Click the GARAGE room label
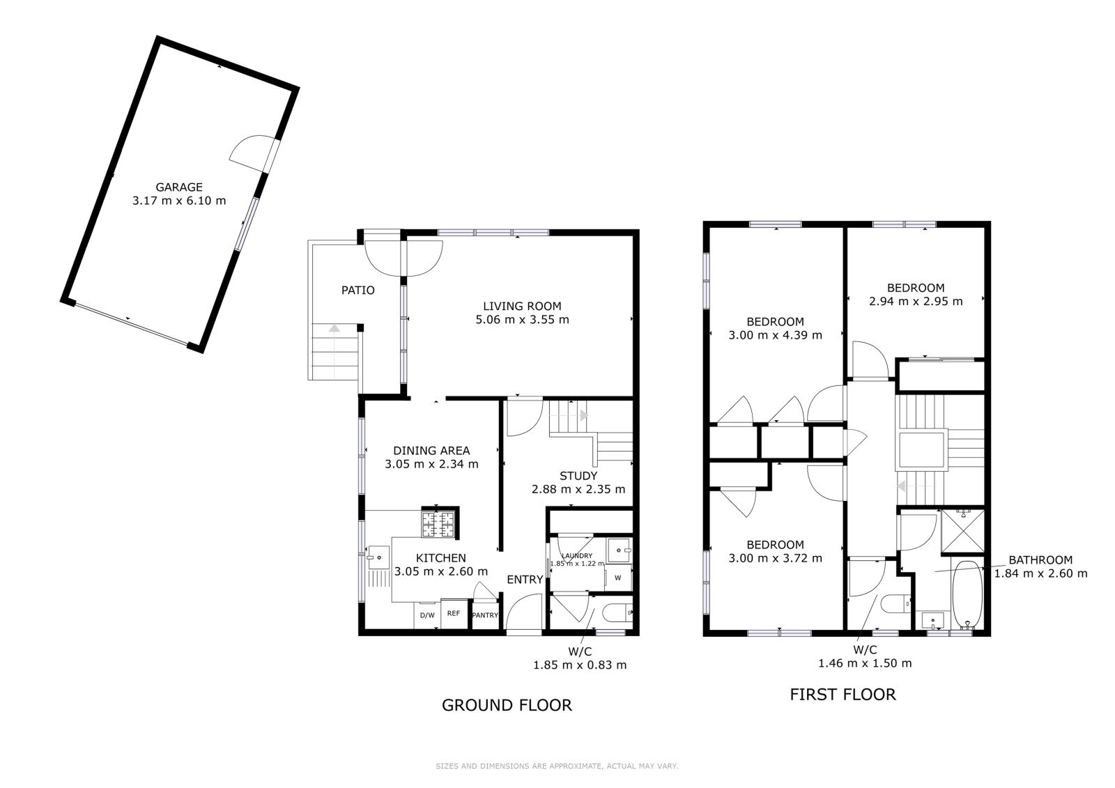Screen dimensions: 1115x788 tap(179, 187)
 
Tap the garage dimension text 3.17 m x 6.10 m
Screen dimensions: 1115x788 tap(179, 201)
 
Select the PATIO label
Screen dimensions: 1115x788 tap(358, 291)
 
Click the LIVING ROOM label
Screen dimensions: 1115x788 tap(522, 306)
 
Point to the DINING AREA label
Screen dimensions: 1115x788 tap(431, 451)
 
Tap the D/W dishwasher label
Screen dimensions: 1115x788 tap(427, 615)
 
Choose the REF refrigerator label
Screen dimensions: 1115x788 tap(454, 613)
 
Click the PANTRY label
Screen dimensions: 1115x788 tap(485, 615)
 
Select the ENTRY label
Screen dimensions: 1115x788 tap(525, 580)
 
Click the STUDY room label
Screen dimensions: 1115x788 tap(578, 476)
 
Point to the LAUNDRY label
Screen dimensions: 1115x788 tap(577, 556)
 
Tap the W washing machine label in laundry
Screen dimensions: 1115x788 tap(617, 578)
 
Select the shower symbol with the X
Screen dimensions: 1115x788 tap(962, 531)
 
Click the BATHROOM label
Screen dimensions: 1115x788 tap(1040, 560)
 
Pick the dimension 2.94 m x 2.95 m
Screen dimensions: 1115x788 tap(916, 301)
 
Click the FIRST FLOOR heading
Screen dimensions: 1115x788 tap(843, 695)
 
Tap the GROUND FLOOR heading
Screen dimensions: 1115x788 tap(507, 705)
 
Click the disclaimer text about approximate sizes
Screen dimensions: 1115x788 tap(557, 766)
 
